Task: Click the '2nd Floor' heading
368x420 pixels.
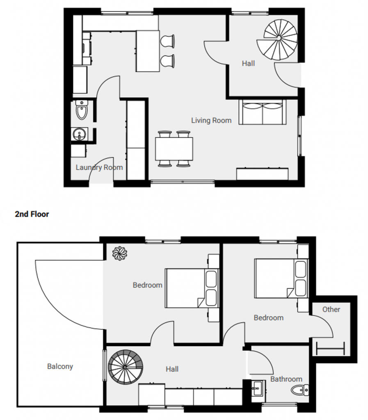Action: click(x=32, y=214)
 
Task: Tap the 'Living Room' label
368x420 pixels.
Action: click(x=211, y=121)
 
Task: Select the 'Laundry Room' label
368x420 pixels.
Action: click(x=99, y=167)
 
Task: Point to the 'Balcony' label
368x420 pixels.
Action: click(x=60, y=366)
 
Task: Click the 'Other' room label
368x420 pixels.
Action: click(x=331, y=309)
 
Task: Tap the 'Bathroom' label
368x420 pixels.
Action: click(x=286, y=379)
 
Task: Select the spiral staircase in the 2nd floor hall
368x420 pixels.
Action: click(x=126, y=367)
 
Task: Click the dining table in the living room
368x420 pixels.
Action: click(x=174, y=148)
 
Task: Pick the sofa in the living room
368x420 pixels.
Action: click(x=262, y=112)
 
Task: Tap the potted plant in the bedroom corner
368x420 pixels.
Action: click(x=120, y=253)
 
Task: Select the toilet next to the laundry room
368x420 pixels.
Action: click(x=82, y=110)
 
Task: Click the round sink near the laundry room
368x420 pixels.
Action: click(x=79, y=134)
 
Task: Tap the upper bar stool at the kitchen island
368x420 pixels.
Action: click(x=167, y=41)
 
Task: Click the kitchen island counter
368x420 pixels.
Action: click(x=148, y=51)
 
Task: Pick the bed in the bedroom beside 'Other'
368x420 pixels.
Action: click(x=281, y=278)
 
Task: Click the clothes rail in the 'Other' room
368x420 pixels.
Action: click(x=331, y=349)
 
